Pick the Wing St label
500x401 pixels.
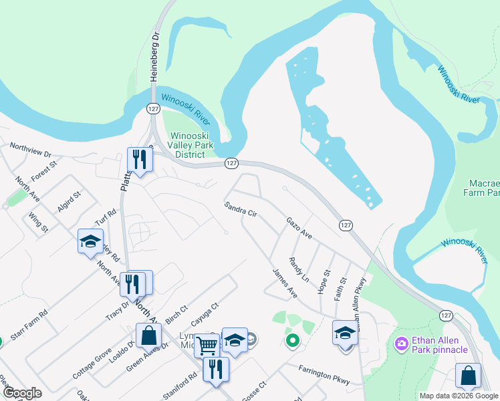click(39, 222)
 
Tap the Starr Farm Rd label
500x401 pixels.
click(33, 323)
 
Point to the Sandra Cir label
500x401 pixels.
click(241, 209)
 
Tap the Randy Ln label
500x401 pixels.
click(299, 269)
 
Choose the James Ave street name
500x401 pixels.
click(285, 283)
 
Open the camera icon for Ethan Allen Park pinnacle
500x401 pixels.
click(402, 344)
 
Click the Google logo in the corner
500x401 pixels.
click(21, 393)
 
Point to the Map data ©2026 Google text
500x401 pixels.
click(459, 396)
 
